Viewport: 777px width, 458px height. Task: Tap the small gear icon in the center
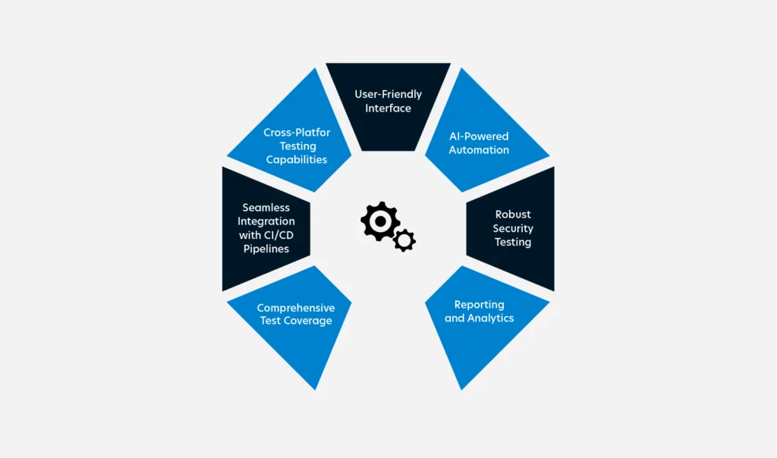[404, 240]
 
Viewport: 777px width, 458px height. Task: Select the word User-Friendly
[388, 95]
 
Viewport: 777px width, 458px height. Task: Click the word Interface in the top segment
[388, 108]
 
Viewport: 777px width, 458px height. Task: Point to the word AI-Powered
[478, 136]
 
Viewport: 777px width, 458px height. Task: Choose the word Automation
[478, 150]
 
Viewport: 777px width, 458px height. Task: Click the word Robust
[513, 215]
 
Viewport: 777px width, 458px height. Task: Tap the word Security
[513, 228]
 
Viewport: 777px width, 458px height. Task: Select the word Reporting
[479, 305]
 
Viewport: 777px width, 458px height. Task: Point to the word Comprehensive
[295, 308]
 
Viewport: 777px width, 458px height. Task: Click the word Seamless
[266, 208]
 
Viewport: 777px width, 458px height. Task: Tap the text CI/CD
[277, 235]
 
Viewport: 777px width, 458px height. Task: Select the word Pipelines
[266, 249]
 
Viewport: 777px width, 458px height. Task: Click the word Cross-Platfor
[297, 133]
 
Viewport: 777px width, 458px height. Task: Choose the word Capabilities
[297, 160]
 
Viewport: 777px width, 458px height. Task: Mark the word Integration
[266, 221]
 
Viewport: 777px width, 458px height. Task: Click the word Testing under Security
[513, 242]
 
